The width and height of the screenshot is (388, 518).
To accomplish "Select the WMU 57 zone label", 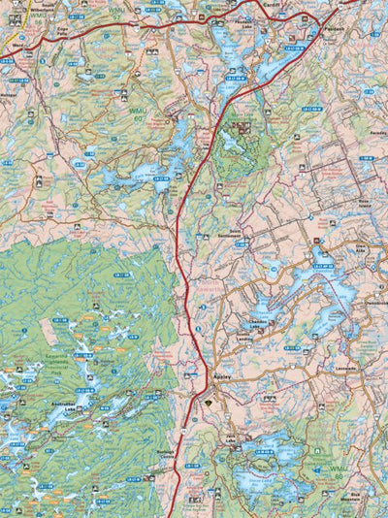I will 117,14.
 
